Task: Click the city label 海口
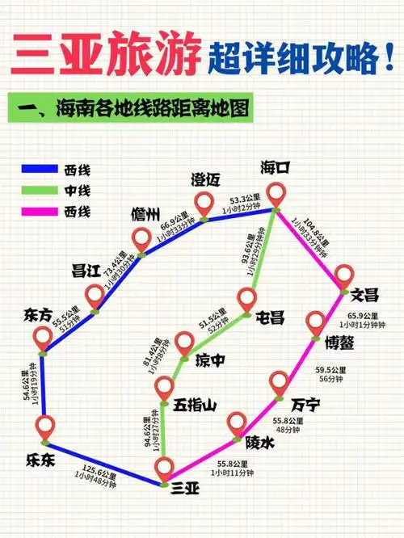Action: tap(275, 168)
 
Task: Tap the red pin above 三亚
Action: tap(166, 469)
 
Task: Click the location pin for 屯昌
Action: tap(247, 300)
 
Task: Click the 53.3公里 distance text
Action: tap(245, 199)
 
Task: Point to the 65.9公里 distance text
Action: tap(363, 316)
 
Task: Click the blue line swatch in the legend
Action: tap(37, 170)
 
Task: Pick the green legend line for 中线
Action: tap(37, 191)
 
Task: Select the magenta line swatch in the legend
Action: tap(37, 212)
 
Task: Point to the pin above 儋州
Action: tap(142, 239)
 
